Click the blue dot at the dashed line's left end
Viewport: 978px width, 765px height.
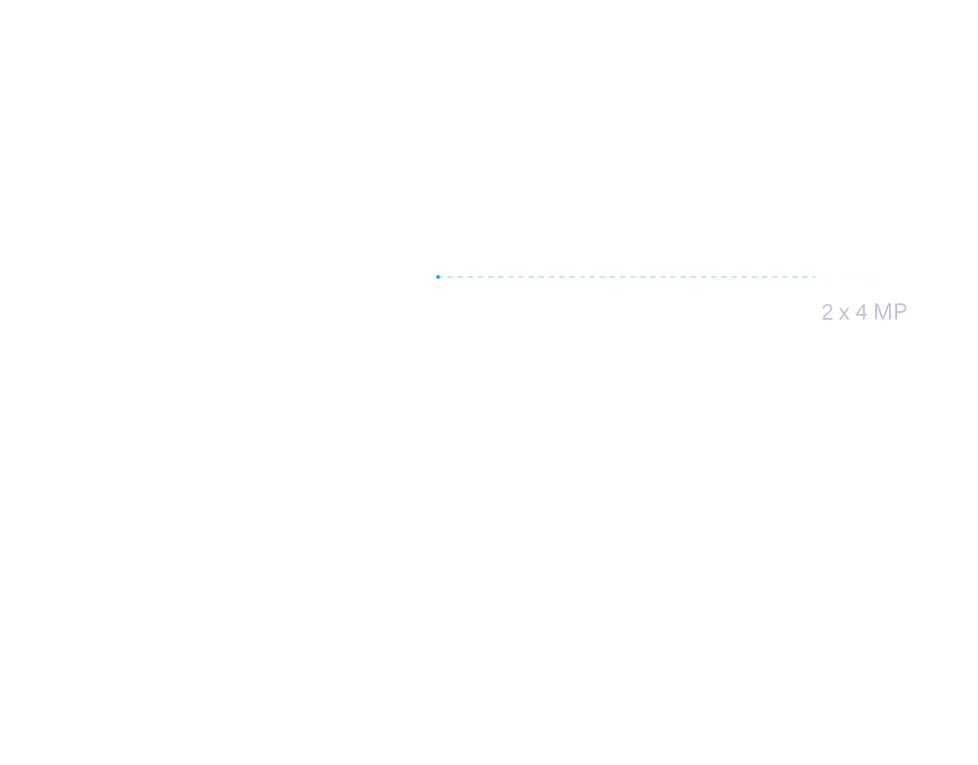point(436,277)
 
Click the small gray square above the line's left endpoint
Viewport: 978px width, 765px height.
point(436,271)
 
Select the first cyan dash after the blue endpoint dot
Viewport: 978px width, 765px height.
point(446,277)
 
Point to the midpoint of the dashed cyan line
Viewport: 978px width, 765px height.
point(629,277)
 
